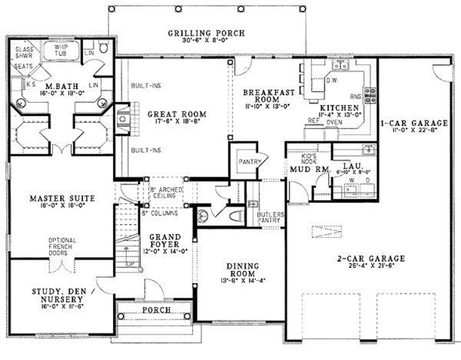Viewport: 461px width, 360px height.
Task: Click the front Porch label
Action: pos(156,312)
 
